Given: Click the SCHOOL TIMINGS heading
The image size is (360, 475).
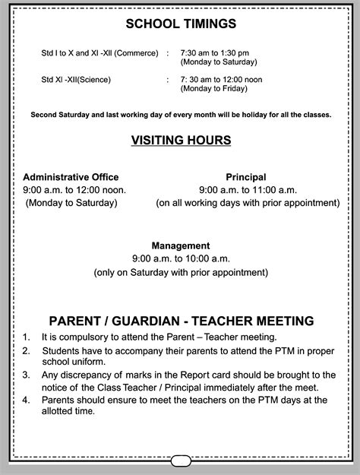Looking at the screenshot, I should pyautogui.click(x=180, y=25).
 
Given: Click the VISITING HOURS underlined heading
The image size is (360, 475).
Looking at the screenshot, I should pyautogui.click(x=180, y=141).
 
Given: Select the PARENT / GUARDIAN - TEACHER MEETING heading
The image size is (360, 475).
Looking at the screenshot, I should pyautogui.click(x=181, y=321).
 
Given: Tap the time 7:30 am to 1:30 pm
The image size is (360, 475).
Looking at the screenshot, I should pyautogui.click(x=214, y=54).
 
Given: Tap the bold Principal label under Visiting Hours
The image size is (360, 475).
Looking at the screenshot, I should pyautogui.click(x=246, y=176).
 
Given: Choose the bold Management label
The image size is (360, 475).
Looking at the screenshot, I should pyautogui.click(x=180, y=245).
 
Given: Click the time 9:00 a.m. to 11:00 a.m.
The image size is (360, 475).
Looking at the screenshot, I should pyautogui.click(x=248, y=189).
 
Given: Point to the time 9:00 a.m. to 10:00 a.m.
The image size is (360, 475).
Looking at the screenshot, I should pyautogui.click(x=181, y=258).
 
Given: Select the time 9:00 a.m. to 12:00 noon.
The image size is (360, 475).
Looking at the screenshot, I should pyautogui.click(x=74, y=189).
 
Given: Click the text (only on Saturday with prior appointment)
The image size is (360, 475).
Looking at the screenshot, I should pyautogui.click(x=181, y=272).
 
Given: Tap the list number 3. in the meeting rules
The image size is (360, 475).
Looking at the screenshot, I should pyautogui.click(x=26, y=375).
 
